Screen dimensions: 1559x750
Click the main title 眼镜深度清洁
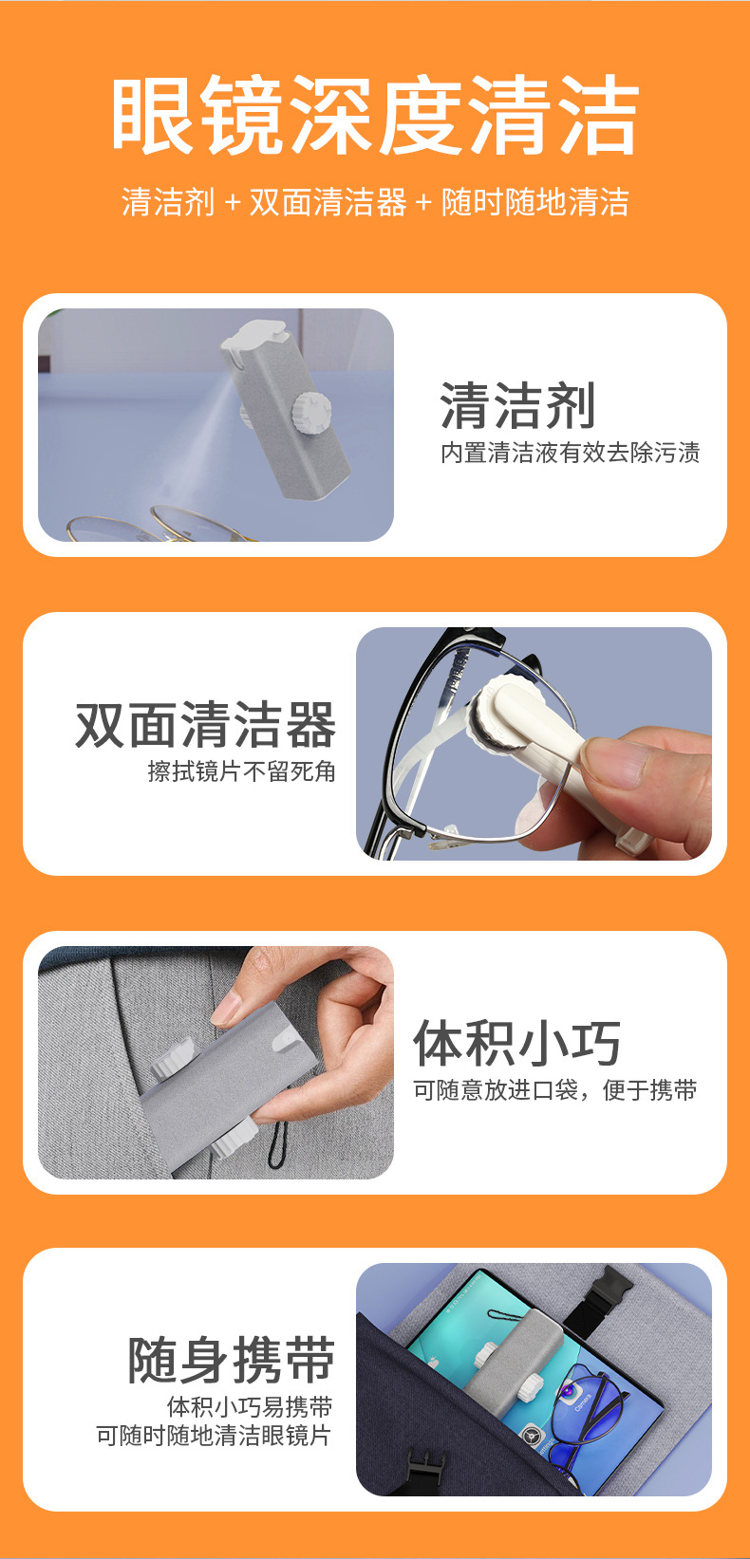[375, 116]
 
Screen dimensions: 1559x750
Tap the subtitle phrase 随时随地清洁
[534, 202]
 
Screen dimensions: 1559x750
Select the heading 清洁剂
[517, 406]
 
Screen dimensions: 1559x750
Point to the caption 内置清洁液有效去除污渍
[570, 454]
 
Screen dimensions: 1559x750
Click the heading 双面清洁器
[206, 726]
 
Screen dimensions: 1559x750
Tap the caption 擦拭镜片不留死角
[242, 771]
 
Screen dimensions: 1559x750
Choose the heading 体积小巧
[517, 1043]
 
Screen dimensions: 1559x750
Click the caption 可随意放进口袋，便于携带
[554, 1090]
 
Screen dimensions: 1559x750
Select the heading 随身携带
[232, 1360]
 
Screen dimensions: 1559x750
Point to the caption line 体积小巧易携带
[250, 1406]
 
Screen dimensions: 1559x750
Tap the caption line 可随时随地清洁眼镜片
[214, 1436]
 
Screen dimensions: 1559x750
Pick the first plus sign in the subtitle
[233, 202]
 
